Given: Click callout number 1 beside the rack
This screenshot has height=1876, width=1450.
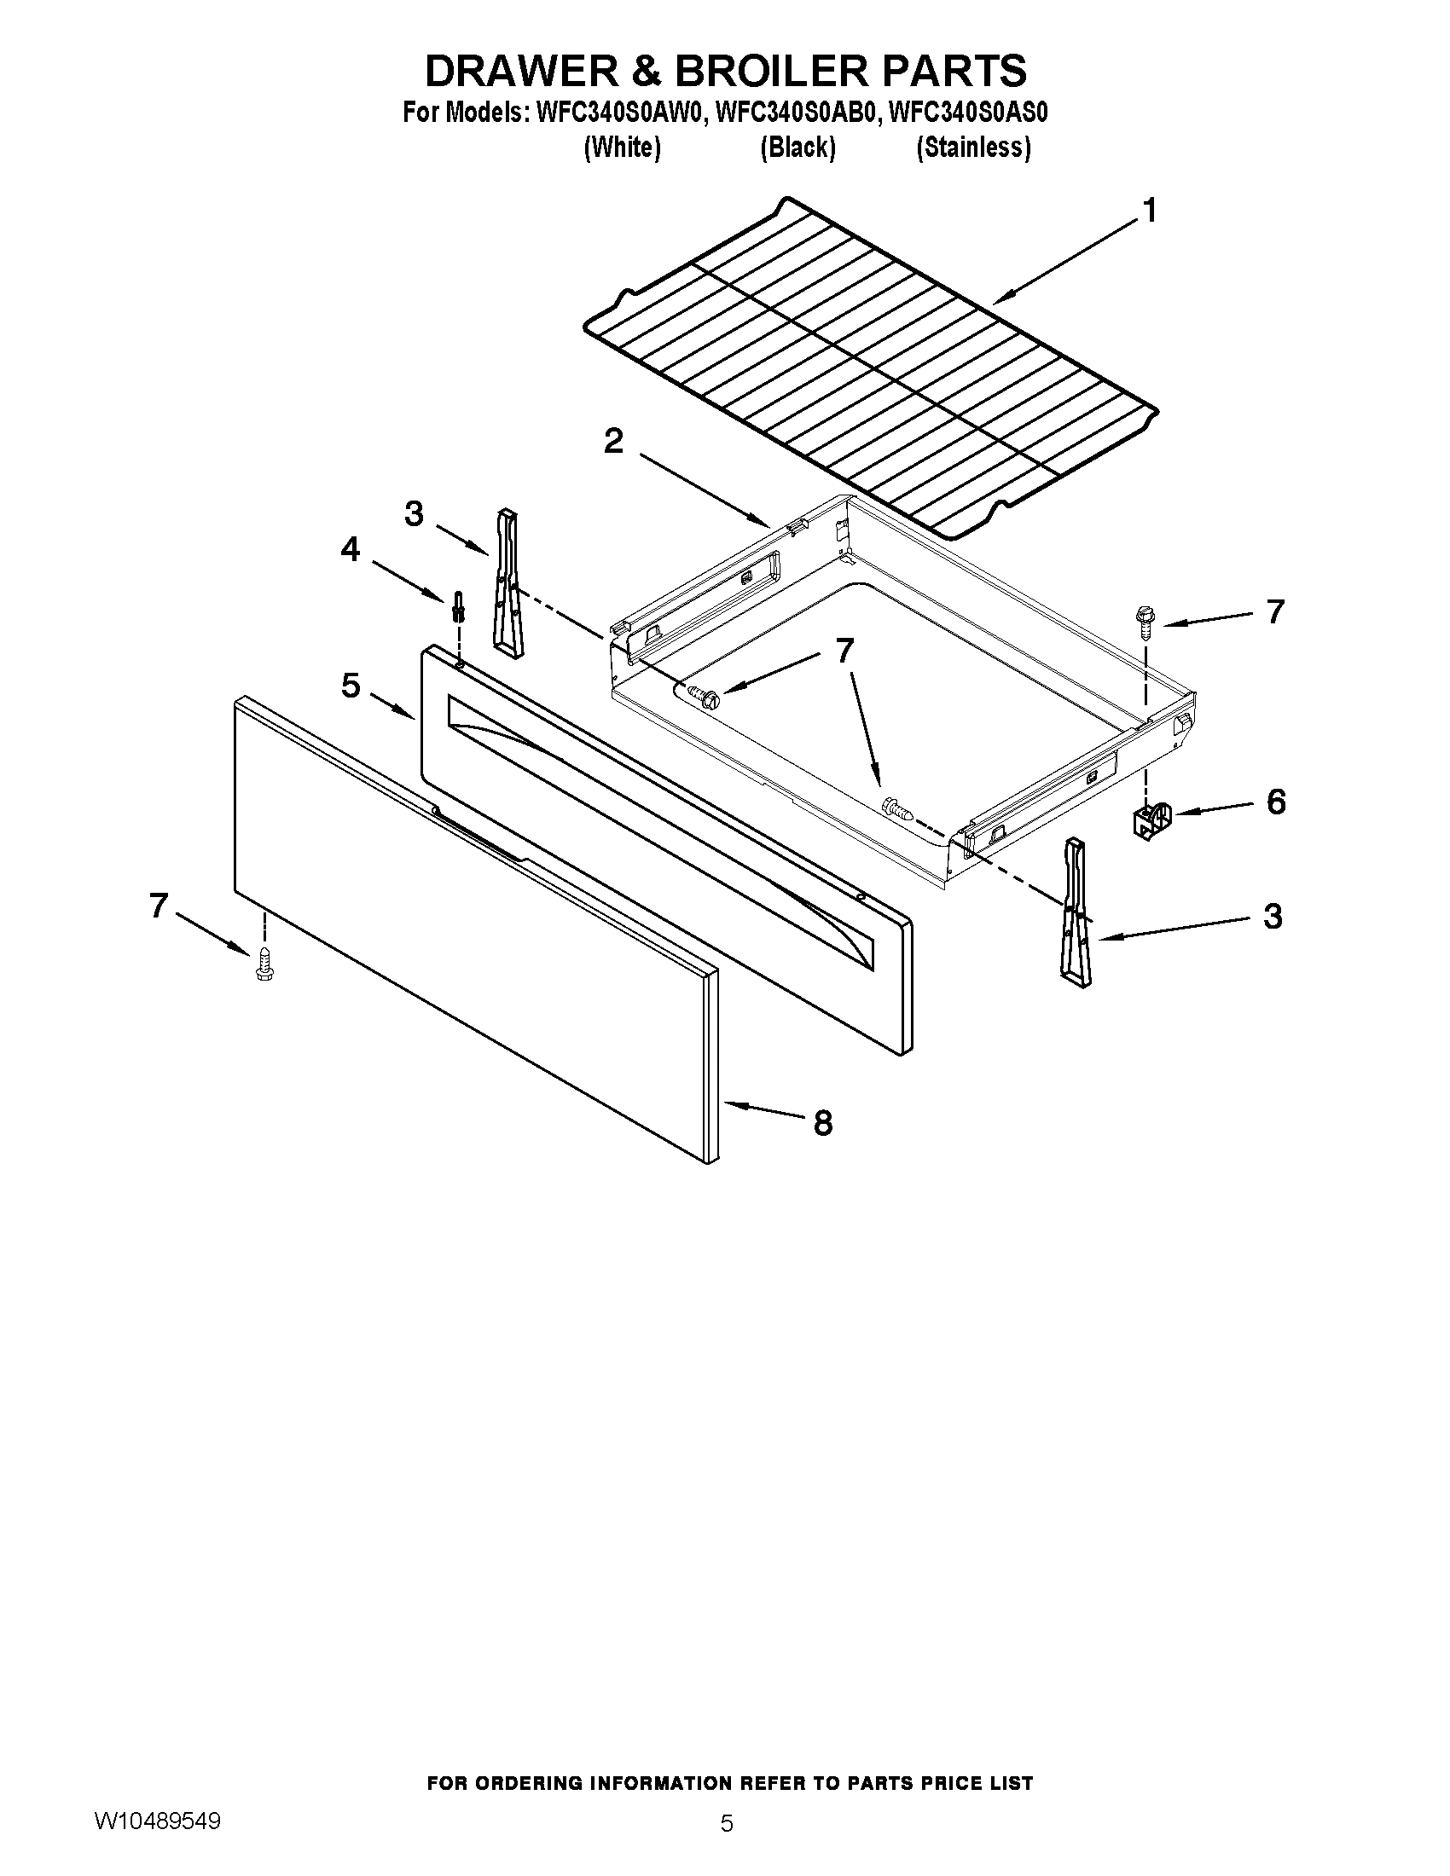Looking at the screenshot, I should (1149, 211).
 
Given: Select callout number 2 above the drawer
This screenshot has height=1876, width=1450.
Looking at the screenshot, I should (613, 443).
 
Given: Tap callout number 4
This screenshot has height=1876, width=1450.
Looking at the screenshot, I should (350, 550).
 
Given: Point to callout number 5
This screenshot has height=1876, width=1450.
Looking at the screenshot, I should (350, 686).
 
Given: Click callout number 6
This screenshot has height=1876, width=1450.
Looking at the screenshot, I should (1276, 802).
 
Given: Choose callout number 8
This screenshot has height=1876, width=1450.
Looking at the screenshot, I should (822, 1123).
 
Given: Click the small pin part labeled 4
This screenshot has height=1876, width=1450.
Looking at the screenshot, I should (459, 607).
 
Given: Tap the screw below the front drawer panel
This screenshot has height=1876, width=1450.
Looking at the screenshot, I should (264, 964).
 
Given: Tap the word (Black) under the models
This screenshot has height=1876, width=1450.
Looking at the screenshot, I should (797, 148).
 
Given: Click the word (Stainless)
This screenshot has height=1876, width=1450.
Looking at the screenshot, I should (973, 148).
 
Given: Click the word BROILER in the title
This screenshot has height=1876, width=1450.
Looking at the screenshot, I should (772, 71).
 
